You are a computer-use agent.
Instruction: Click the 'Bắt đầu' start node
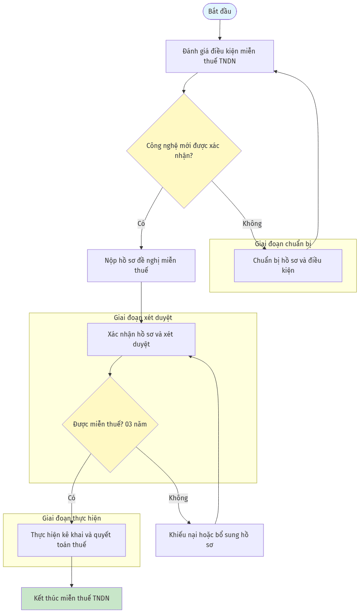(220, 12)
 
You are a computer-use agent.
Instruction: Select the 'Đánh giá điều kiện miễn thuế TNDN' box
(220, 56)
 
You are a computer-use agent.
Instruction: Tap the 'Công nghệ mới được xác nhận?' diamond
(184, 151)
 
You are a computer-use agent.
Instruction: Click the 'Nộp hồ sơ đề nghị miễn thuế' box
(141, 265)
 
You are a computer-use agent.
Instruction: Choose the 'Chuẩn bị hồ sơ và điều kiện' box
(288, 265)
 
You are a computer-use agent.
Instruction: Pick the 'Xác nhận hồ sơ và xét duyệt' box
(141, 339)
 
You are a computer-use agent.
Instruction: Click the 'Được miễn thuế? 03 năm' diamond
(110, 424)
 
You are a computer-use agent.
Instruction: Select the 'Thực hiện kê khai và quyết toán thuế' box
(72, 540)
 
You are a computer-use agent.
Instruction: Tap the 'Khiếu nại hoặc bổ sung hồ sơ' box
(210, 540)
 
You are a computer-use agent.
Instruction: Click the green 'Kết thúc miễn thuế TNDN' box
(72, 598)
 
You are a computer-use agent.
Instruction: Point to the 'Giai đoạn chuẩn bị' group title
(283, 244)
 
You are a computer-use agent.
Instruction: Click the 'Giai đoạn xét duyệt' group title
(143, 318)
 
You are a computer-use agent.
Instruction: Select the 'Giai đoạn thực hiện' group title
(72, 519)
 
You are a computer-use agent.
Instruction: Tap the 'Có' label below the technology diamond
(141, 223)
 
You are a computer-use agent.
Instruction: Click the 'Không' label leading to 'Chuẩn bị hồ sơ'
(252, 223)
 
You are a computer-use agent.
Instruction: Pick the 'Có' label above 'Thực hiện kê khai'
(72, 498)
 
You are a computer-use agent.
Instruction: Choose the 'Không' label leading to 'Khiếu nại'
(179, 498)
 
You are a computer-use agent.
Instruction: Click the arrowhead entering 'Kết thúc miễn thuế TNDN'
(72, 586)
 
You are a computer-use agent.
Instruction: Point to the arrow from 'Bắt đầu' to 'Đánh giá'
(220, 30)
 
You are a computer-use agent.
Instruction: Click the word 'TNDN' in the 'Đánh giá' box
(227, 61)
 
